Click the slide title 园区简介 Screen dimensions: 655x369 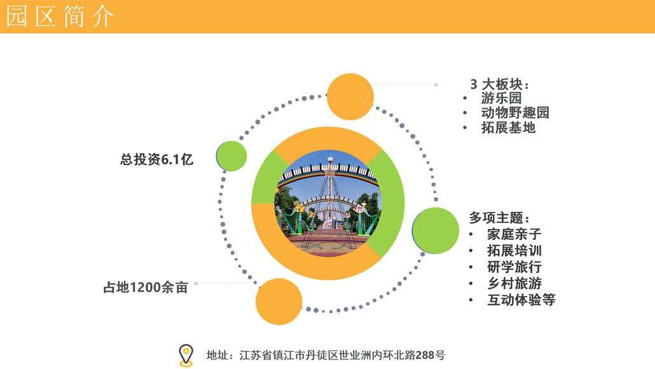[60, 17]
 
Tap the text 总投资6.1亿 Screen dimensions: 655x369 [156, 159]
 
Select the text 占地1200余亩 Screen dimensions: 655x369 [146, 288]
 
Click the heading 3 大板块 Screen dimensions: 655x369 [500, 84]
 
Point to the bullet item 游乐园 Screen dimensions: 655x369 [501, 98]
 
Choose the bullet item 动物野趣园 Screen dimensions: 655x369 [515, 113]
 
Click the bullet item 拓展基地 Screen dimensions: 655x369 [508, 127]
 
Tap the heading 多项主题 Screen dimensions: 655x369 [500, 218]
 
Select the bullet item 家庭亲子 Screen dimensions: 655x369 [514, 234]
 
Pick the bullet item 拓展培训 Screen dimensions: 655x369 [514, 251]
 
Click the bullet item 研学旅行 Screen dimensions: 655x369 [514, 267]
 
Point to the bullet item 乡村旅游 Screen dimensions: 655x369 [514, 283]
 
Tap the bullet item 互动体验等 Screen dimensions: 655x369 [521, 300]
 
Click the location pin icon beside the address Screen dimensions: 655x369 [186, 356]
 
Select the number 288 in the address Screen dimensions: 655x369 [425, 355]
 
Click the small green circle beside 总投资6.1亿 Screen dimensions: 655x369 [231, 156]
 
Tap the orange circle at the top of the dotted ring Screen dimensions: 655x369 [350, 97]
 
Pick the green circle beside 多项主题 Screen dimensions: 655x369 [435, 231]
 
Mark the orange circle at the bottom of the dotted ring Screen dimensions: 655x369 [279, 302]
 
